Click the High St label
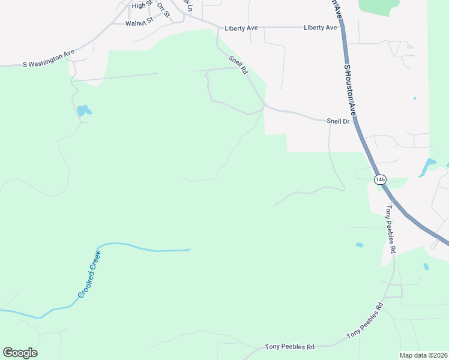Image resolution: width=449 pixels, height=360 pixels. pyautogui.click(x=139, y=5)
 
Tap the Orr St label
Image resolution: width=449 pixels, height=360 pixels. pyautogui.click(x=163, y=10)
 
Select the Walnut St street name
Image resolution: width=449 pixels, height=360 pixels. pyautogui.click(x=139, y=23)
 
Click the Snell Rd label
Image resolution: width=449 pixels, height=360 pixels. pyautogui.click(x=238, y=65)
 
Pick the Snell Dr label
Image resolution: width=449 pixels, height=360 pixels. pyautogui.click(x=338, y=121)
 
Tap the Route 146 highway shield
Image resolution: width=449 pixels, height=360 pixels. pyautogui.click(x=379, y=179)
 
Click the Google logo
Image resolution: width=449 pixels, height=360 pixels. pyautogui.click(x=20, y=353)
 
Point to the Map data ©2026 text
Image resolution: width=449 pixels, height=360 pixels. pyautogui.click(x=423, y=355)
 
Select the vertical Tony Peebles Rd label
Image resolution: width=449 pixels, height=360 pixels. pyautogui.click(x=391, y=229)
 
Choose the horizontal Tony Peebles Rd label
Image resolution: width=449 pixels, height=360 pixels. pyautogui.click(x=290, y=347)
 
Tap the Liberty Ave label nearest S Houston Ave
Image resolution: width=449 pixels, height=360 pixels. pyautogui.click(x=320, y=28)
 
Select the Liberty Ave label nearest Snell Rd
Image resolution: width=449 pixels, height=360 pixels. pyautogui.click(x=241, y=28)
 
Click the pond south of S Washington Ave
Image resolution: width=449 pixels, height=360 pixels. pyautogui.click(x=83, y=110)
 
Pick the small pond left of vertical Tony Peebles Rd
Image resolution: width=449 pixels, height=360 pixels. pyautogui.click(x=359, y=245)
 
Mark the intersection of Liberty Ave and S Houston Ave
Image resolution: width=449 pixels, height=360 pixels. pyautogui.click(x=342, y=27)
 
